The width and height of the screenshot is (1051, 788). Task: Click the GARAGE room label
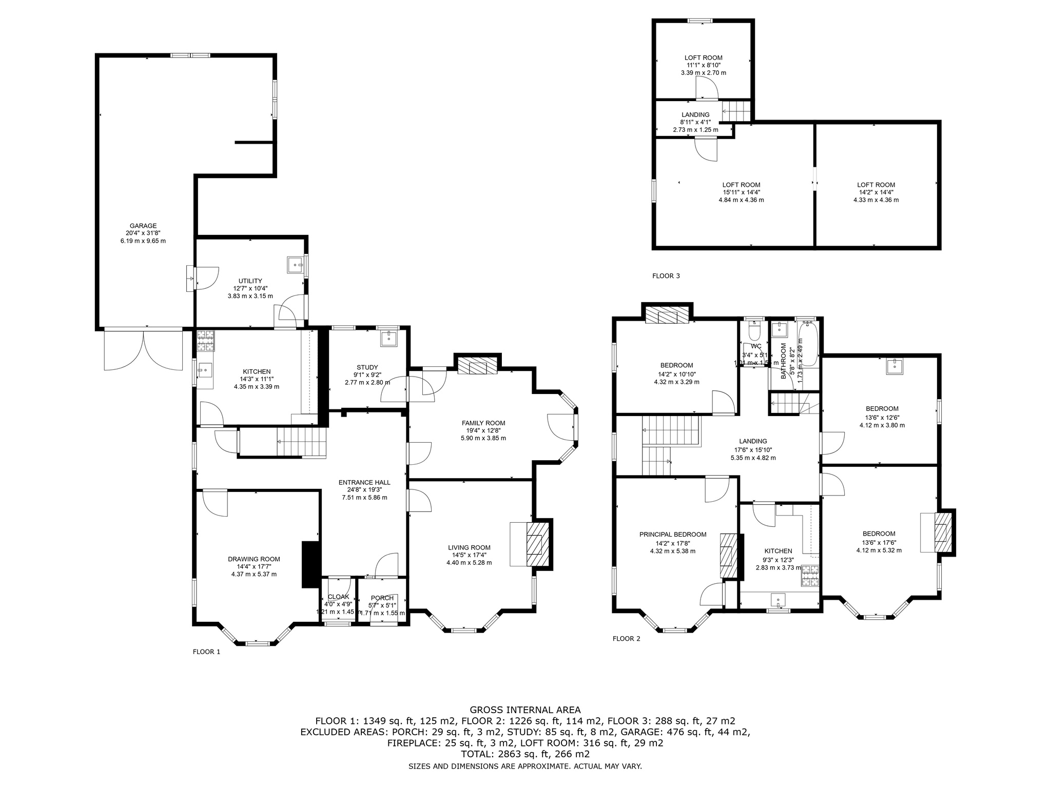click(143, 226)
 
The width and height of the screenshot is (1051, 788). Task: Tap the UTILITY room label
click(250, 281)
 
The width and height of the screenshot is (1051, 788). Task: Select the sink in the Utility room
click(295, 264)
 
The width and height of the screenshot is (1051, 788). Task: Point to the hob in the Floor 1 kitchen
click(206, 341)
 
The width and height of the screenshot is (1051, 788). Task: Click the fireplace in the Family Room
click(477, 367)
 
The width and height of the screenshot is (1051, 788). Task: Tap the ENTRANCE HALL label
click(364, 482)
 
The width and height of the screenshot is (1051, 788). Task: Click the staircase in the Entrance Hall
click(302, 442)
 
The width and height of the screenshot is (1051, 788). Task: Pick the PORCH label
click(382, 598)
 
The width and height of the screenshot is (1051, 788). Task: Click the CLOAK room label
click(338, 597)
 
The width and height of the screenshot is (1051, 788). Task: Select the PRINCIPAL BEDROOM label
click(673, 535)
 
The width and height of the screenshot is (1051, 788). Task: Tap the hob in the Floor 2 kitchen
click(810, 576)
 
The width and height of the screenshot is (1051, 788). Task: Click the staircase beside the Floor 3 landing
click(736, 111)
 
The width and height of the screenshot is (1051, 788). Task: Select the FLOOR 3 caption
click(666, 276)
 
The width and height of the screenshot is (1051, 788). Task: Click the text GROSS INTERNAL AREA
click(525, 710)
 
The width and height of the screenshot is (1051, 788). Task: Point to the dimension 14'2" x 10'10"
click(676, 375)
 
